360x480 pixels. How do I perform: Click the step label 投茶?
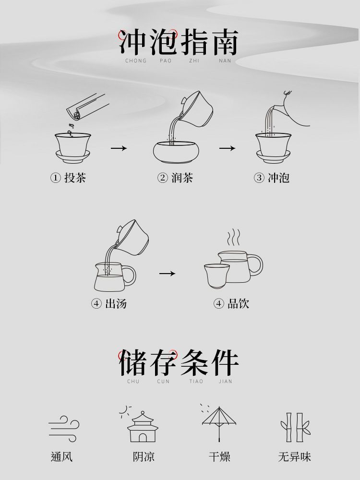(x=75, y=178)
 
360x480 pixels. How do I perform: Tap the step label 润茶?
(x=182, y=178)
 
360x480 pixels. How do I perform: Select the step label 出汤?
(x=116, y=304)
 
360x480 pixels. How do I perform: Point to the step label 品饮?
(x=238, y=304)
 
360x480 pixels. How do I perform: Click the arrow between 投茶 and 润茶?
(x=119, y=148)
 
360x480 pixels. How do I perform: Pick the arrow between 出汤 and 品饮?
(x=167, y=273)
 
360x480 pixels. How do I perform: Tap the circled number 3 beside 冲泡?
(x=259, y=178)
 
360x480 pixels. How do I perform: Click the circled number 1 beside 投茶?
(x=55, y=178)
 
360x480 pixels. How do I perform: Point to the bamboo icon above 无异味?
(x=295, y=427)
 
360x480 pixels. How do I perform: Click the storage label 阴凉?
(x=144, y=457)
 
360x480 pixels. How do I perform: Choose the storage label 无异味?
(x=295, y=457)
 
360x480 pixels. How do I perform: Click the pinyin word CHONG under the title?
(x=136, y=60)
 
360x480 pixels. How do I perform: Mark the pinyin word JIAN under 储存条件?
(x=225, y=382)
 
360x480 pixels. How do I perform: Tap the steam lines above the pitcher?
(x=233, y=237)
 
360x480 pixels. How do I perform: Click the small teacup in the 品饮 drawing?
(x=216, y=276)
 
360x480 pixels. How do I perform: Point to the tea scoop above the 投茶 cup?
(x=87, y=107)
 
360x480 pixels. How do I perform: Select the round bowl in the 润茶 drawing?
(x=176, y=152)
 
